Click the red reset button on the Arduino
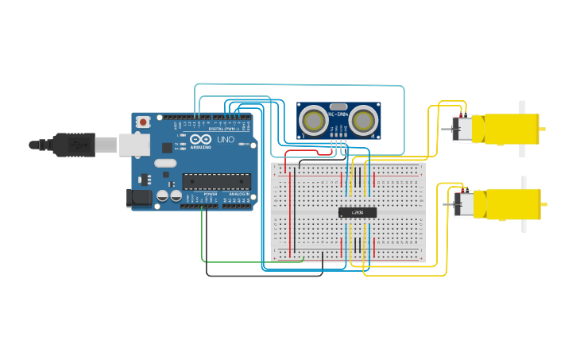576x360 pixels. (143, 122)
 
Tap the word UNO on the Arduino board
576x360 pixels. (225, 140)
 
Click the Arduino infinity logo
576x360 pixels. (200, 140)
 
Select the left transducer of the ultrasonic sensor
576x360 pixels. (314, 121)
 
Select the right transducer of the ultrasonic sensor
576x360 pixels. (364, 121)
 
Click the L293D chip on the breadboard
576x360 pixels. (357, 212)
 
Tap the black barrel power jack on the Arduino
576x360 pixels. (139, 198)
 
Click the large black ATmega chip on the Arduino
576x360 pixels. (216, 181)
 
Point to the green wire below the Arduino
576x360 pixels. (238, 260)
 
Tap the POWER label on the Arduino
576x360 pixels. (211, 194)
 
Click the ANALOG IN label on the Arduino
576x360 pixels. (238, 194)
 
